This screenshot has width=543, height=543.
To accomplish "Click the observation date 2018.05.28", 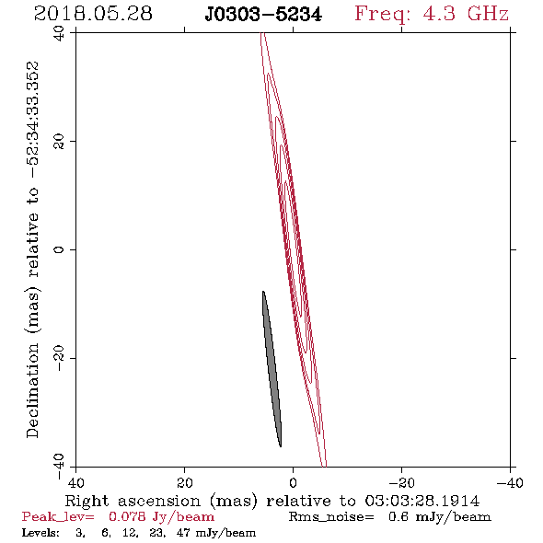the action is click(x=93, y=14).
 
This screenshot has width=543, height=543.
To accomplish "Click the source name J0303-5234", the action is click(x=263, y=15).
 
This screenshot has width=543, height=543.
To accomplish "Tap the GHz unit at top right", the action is click(x=488, y=14).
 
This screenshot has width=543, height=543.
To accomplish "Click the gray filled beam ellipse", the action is click(x=272, y=369).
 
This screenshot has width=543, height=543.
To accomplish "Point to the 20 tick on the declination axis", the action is click(x=60, y=142).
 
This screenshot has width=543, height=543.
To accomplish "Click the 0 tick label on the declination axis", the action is click(x=60, y=249).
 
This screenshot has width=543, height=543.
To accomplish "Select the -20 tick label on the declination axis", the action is click(x=60, y=358).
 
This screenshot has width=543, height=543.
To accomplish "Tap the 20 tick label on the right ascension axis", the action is click(x=185, y=482).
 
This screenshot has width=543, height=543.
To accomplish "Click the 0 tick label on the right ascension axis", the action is click(x=294, y=482).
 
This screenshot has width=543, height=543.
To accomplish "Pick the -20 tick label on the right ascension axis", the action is click(x=401, y=482).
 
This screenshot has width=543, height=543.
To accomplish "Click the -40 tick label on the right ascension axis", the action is click(x=510, y=482).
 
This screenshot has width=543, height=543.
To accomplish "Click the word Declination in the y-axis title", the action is click(x=32, y=390).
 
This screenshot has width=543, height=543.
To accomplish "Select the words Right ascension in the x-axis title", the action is click(x=133, y=501).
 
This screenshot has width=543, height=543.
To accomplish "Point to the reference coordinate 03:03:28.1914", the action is click(x=422, y=501).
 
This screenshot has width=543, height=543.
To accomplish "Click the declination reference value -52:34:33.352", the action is click(x=33, y=121).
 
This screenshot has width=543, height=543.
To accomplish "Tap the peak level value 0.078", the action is click(x=127, y=517).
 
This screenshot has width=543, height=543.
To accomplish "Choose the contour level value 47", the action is click(x=183, y=533).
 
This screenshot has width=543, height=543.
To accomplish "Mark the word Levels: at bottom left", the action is click(x=40, y=533).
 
